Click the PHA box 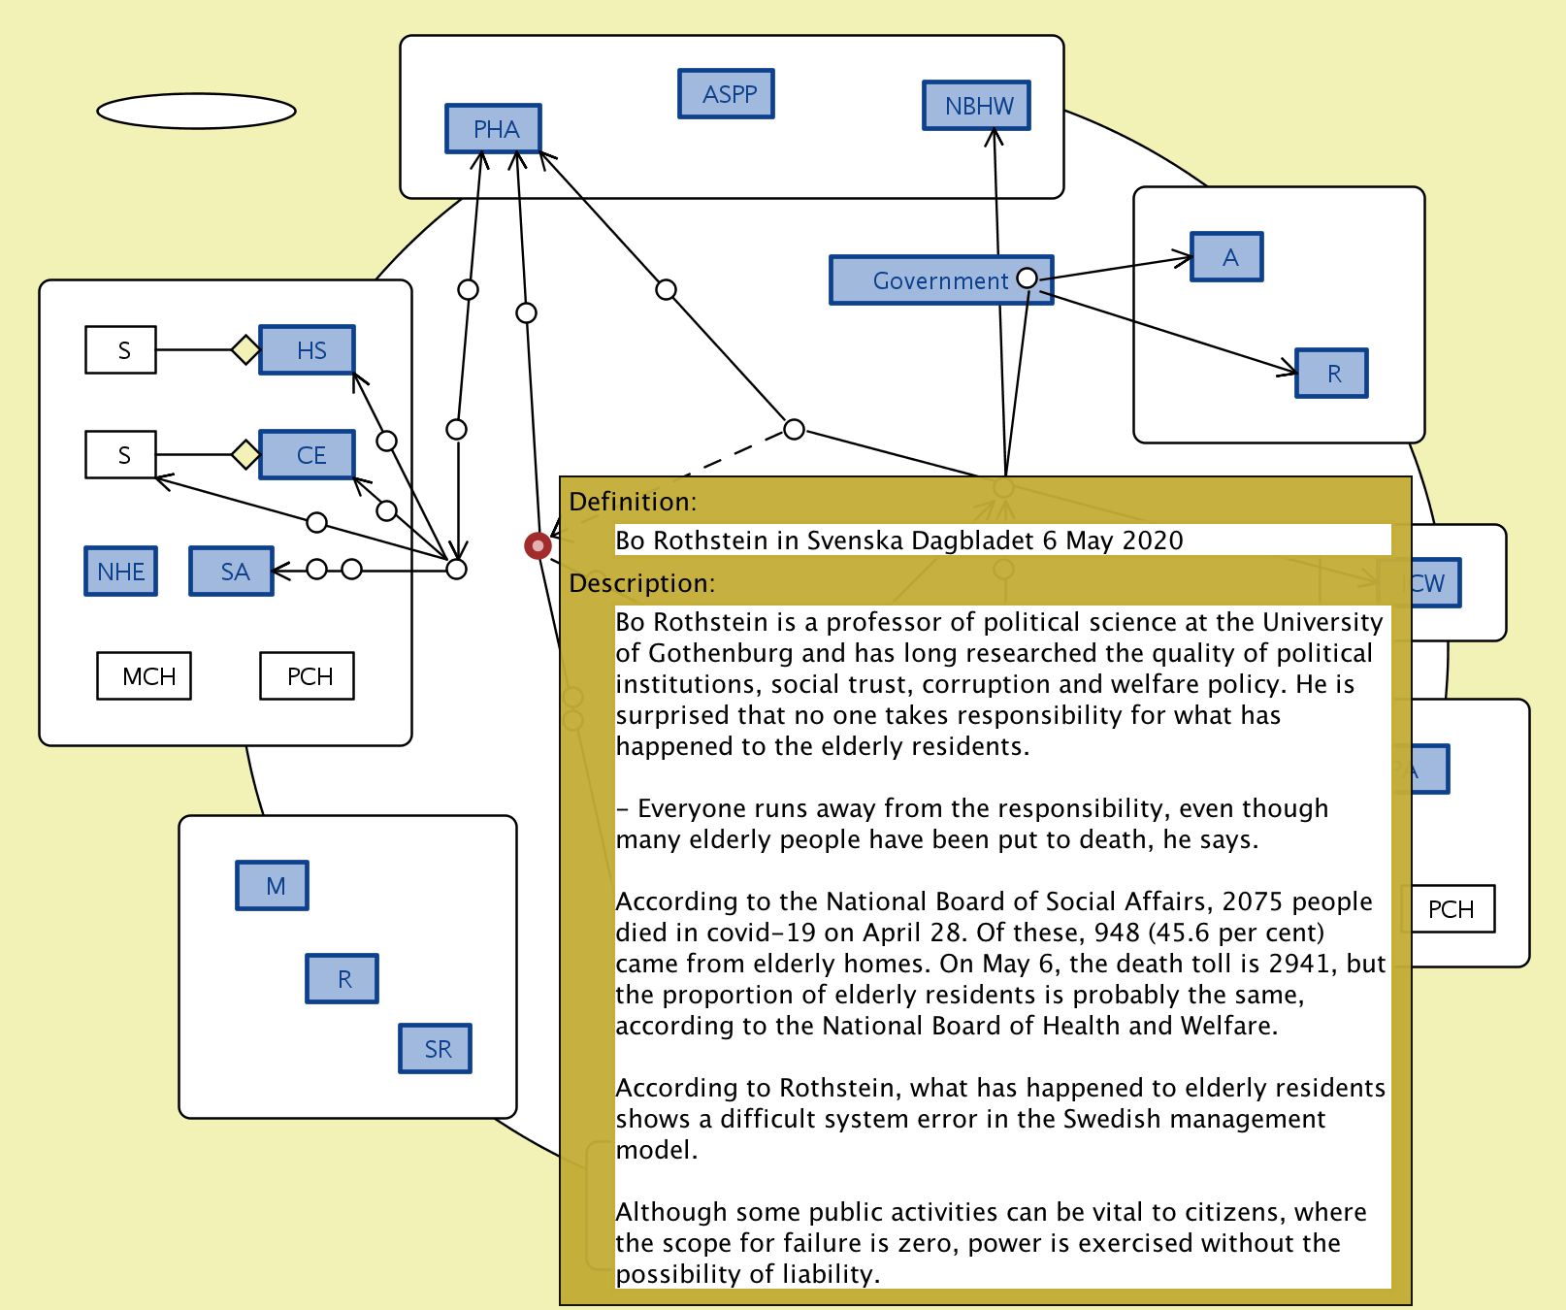[x=493, y=129]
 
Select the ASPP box [x=726, y=94]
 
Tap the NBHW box [x=976, y=106]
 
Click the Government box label [x=939, y=281]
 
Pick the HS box [x=308, y=350]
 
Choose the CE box [x=308, y=455]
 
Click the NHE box [x=121, y=572]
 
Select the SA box [x=232, y=572]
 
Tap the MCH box [x=145, y=676]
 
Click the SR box [x=436, y=1049]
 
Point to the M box [x=273, y=886]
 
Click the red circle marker [x=538, y=546]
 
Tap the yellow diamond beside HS [x=245, y=349]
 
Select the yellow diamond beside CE [x=245, y=454]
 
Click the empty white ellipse [x=196, y=111]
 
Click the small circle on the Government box [x=1027, y=278]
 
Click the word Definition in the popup [x=632, y=502]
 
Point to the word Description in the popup [x=640, y=583]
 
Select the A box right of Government [x=1227, y=257]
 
